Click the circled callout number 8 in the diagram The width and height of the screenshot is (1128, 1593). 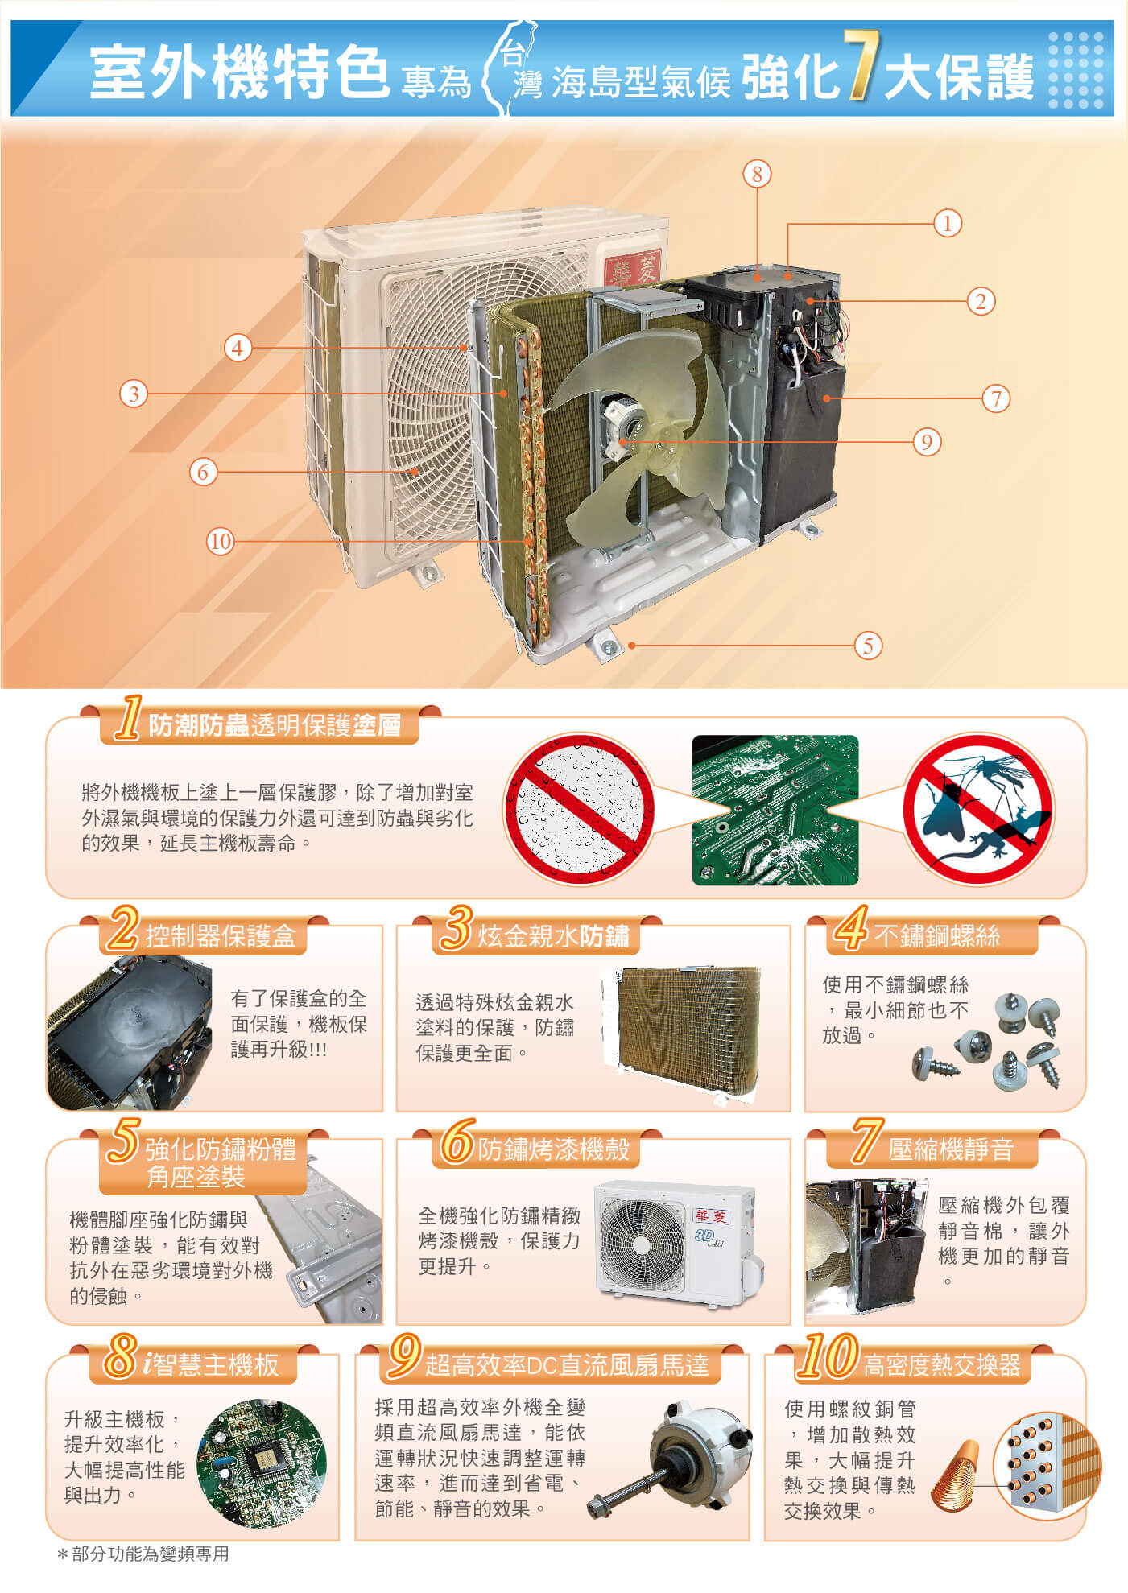757,174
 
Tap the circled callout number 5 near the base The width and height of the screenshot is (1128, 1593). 867,645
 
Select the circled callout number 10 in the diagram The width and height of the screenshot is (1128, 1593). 220,541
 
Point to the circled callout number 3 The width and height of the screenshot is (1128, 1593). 134,394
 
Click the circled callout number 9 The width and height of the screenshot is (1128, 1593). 927,442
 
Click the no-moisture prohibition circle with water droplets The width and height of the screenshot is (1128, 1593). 579,809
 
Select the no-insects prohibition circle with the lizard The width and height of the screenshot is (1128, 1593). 978,809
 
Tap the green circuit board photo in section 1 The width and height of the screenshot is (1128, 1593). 775,810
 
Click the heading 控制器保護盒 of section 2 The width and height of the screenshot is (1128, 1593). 221,936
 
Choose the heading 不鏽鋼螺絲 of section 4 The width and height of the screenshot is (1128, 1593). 937,936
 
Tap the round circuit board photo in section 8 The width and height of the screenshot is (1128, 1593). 262,1463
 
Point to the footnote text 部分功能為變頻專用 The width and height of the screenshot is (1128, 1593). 151,1554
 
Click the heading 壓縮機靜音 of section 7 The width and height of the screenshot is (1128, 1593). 951,1149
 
